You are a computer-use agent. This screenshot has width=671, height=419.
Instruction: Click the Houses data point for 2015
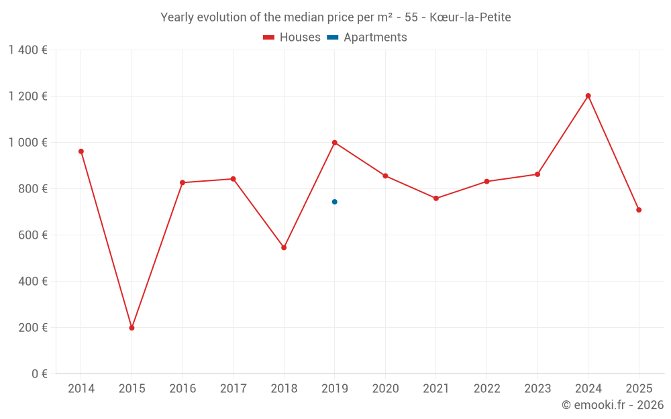[x=132, y=328]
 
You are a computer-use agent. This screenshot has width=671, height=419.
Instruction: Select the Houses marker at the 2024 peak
[x=588, y=96]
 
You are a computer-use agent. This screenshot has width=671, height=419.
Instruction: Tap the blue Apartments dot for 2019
[x=334, y=202]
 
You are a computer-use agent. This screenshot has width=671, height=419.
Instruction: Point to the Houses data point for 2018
[x=284, y=247]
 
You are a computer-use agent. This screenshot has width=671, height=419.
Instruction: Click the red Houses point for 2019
[x=334, y=142]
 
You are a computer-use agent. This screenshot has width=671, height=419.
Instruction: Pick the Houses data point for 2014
[x=81, y=152]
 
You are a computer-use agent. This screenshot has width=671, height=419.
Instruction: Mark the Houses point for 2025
[x=639, y=210]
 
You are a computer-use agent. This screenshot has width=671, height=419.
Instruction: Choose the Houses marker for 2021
[x=436, y=198]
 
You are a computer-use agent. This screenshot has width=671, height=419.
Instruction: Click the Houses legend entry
[x=292, y=38]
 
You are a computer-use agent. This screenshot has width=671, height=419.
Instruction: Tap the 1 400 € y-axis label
[x=28, y=50]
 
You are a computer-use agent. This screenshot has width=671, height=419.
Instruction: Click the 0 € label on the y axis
[x=38, y=373]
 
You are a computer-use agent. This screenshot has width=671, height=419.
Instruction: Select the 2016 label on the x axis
[x=183, y=389]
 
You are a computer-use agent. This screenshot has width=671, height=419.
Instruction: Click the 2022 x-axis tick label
[x=486, y=389]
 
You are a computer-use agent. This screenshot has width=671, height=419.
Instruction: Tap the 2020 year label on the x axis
[x=385, y=389]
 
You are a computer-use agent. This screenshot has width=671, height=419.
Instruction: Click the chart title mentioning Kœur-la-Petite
[x=335, y=17]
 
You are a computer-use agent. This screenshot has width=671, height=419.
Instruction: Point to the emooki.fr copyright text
[x=612, y=405]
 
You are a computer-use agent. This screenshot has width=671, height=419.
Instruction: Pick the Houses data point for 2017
[x=233, y=179]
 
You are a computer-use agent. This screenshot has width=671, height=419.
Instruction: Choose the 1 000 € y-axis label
[x=28, y=142]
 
